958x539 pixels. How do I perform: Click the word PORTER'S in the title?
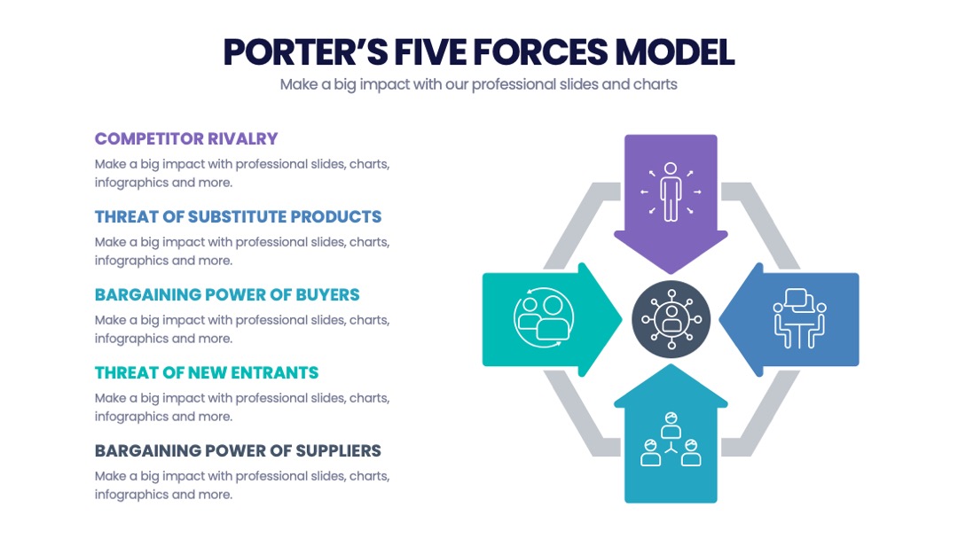(x=305, y=52)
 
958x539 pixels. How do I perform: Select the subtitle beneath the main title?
(x=478, y=84)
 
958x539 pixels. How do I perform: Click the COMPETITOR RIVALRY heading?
(x=186, y=138)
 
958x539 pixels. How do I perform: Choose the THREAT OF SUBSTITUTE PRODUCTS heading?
(x=239, y=216)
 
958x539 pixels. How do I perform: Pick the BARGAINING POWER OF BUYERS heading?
(x=227, y=295)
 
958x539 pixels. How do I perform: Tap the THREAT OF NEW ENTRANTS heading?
(x=207, y=373)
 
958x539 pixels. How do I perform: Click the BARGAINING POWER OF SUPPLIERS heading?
(x=238, y=451)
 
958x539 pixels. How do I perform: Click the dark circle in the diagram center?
(x=671, y=319)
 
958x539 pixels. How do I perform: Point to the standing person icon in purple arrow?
(x=671, y=191)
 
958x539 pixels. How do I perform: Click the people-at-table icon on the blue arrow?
(x=799, y=318)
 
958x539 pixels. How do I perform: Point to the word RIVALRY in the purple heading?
(x=242, y=138)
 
